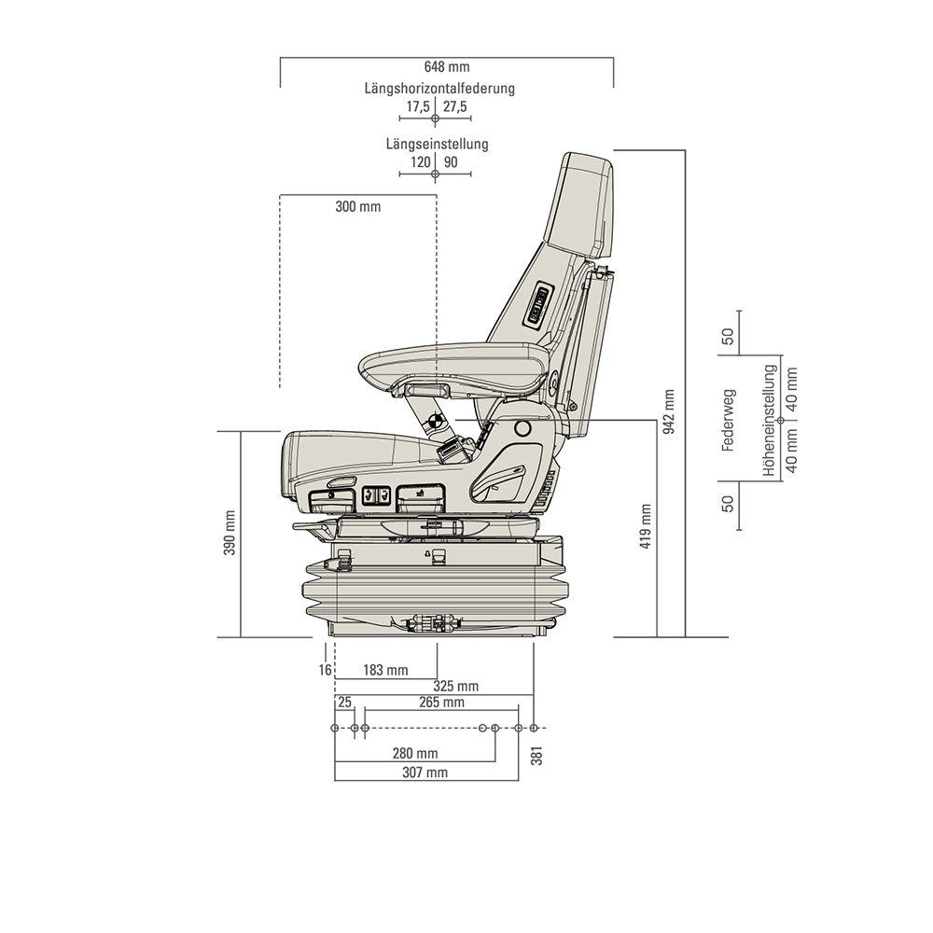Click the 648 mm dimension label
pos(446,67)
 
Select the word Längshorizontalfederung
pos(439,89)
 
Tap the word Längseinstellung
pos(437,145)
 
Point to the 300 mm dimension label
pos(358,206)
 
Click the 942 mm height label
pos(668,411)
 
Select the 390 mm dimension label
pos(230,535)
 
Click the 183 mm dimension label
pos(385,670)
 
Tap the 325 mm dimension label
pos(455,687)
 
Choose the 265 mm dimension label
pos(441,703)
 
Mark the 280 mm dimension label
pos(415,753)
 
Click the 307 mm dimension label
pos(425,773)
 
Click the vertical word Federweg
pos(729,420)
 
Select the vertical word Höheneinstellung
pos(769,421)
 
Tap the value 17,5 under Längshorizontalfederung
pos(417,107)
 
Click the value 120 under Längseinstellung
pos(420,162)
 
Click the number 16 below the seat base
pos(324,670)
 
